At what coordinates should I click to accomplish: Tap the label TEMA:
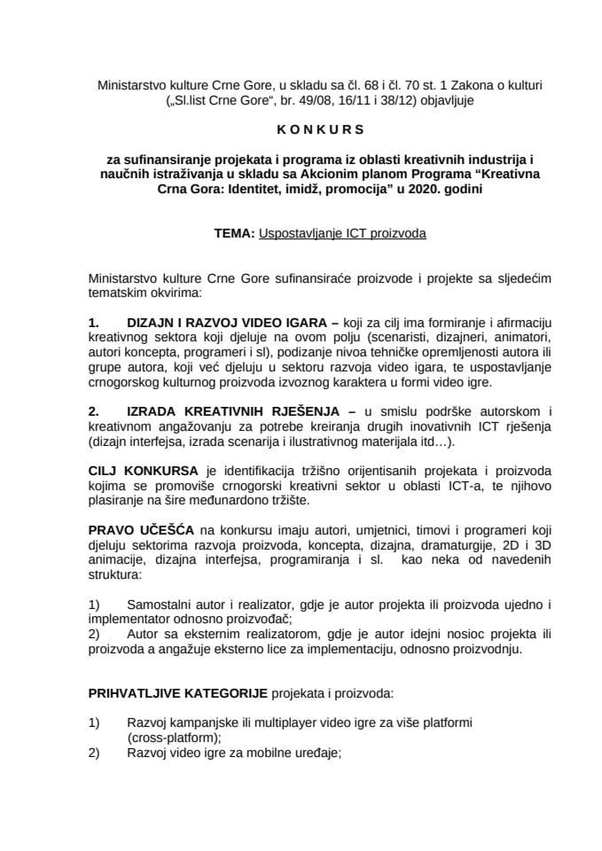[x=233, y=234]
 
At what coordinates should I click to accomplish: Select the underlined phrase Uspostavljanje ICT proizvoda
[x=342, y=234]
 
